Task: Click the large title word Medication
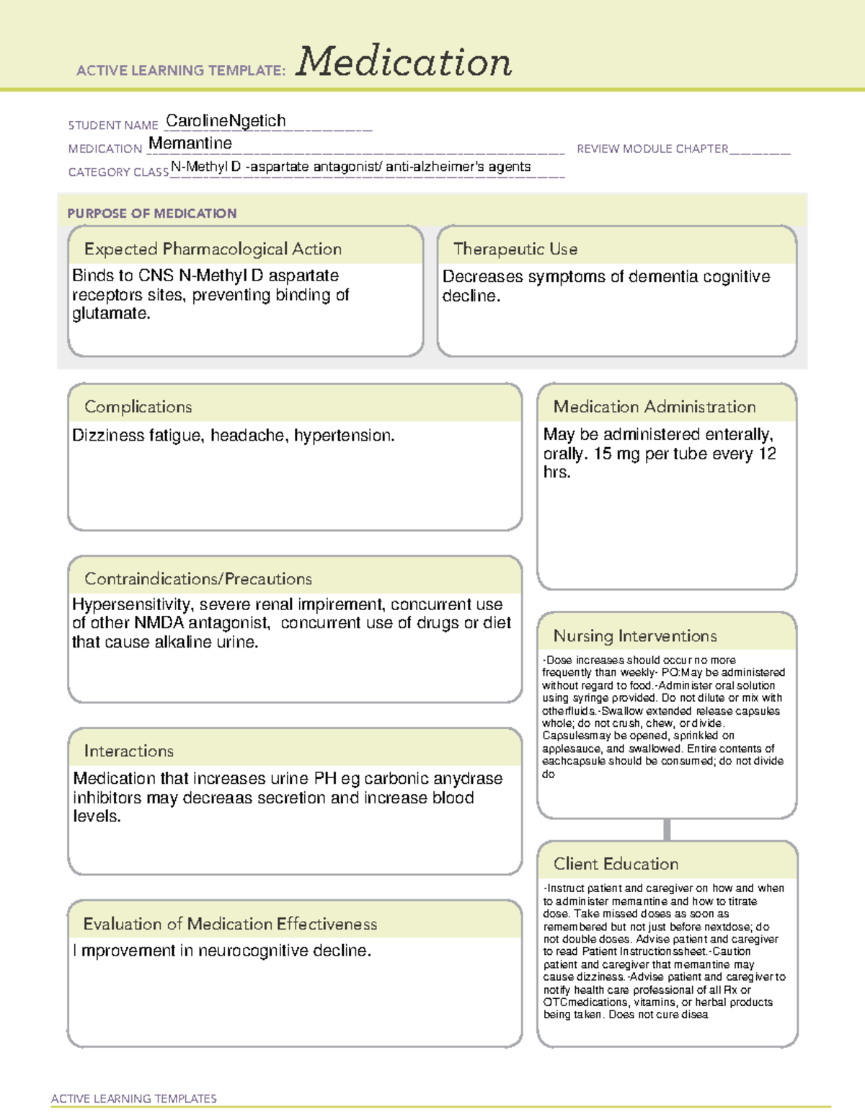(404, 62)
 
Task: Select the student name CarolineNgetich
(226, 120)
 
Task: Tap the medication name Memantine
(190, 144)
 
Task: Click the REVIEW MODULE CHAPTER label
(652, 149)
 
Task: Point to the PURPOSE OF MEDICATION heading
(152, 213)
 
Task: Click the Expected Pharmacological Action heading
(213, 249)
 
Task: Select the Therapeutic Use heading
(515, 249)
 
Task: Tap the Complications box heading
(138, 407)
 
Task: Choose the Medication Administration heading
(655, 407)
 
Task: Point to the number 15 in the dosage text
(603, 454)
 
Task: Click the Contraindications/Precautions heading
(198, 578)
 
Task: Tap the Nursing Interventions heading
(635, 636)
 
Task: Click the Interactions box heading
(129, 751)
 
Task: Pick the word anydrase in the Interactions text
(468, 779)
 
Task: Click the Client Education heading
(616, 864)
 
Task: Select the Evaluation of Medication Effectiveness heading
(230, 924)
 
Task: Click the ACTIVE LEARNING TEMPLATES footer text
(134, 1098)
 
